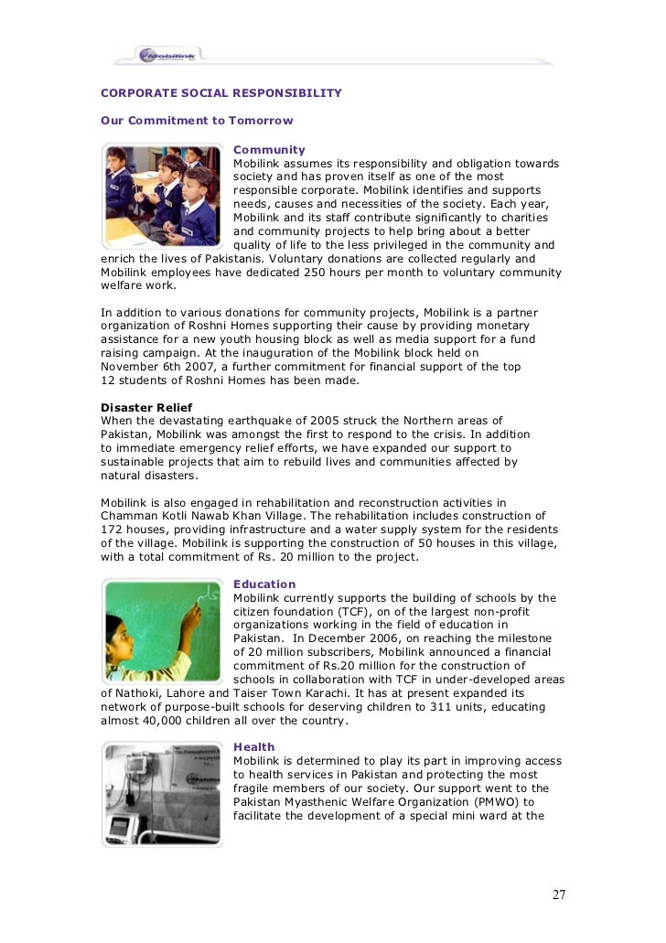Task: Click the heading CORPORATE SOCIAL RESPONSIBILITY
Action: pyautogui.click(x=220, y=92)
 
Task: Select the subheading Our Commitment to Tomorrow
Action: pyautogui.click(x=197, y=121)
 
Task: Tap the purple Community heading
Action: pyautogui.click(x=269, y=150)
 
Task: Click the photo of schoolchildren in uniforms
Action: pyautogui.click(x=161, y=196)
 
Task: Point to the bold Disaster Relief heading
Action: pyautogui.click(x=146, y=406)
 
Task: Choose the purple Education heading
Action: pyautogui.click(x=264, y=584)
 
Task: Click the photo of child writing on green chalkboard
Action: pyautogui.click(x=161, y=631)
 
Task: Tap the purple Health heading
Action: pyautogui.click(x=253, y=747)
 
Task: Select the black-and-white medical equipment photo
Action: pyautogui.click(x=161, y=794)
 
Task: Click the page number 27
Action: pyautogui.click(x=558, y=894)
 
